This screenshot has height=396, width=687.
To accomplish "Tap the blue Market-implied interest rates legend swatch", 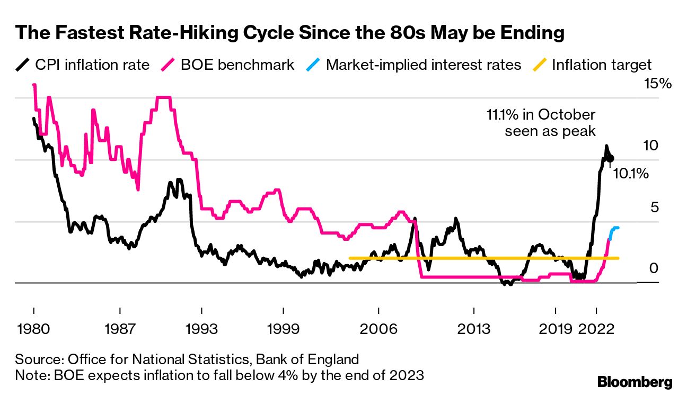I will (x=313, y=65).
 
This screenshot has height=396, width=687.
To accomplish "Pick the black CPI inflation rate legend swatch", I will (x=23, y=65).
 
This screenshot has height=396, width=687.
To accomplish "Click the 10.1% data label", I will (x=631, y=173).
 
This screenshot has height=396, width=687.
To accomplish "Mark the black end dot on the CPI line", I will (x=611, y=158).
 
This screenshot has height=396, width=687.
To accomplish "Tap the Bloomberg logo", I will (x=635, y=382).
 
